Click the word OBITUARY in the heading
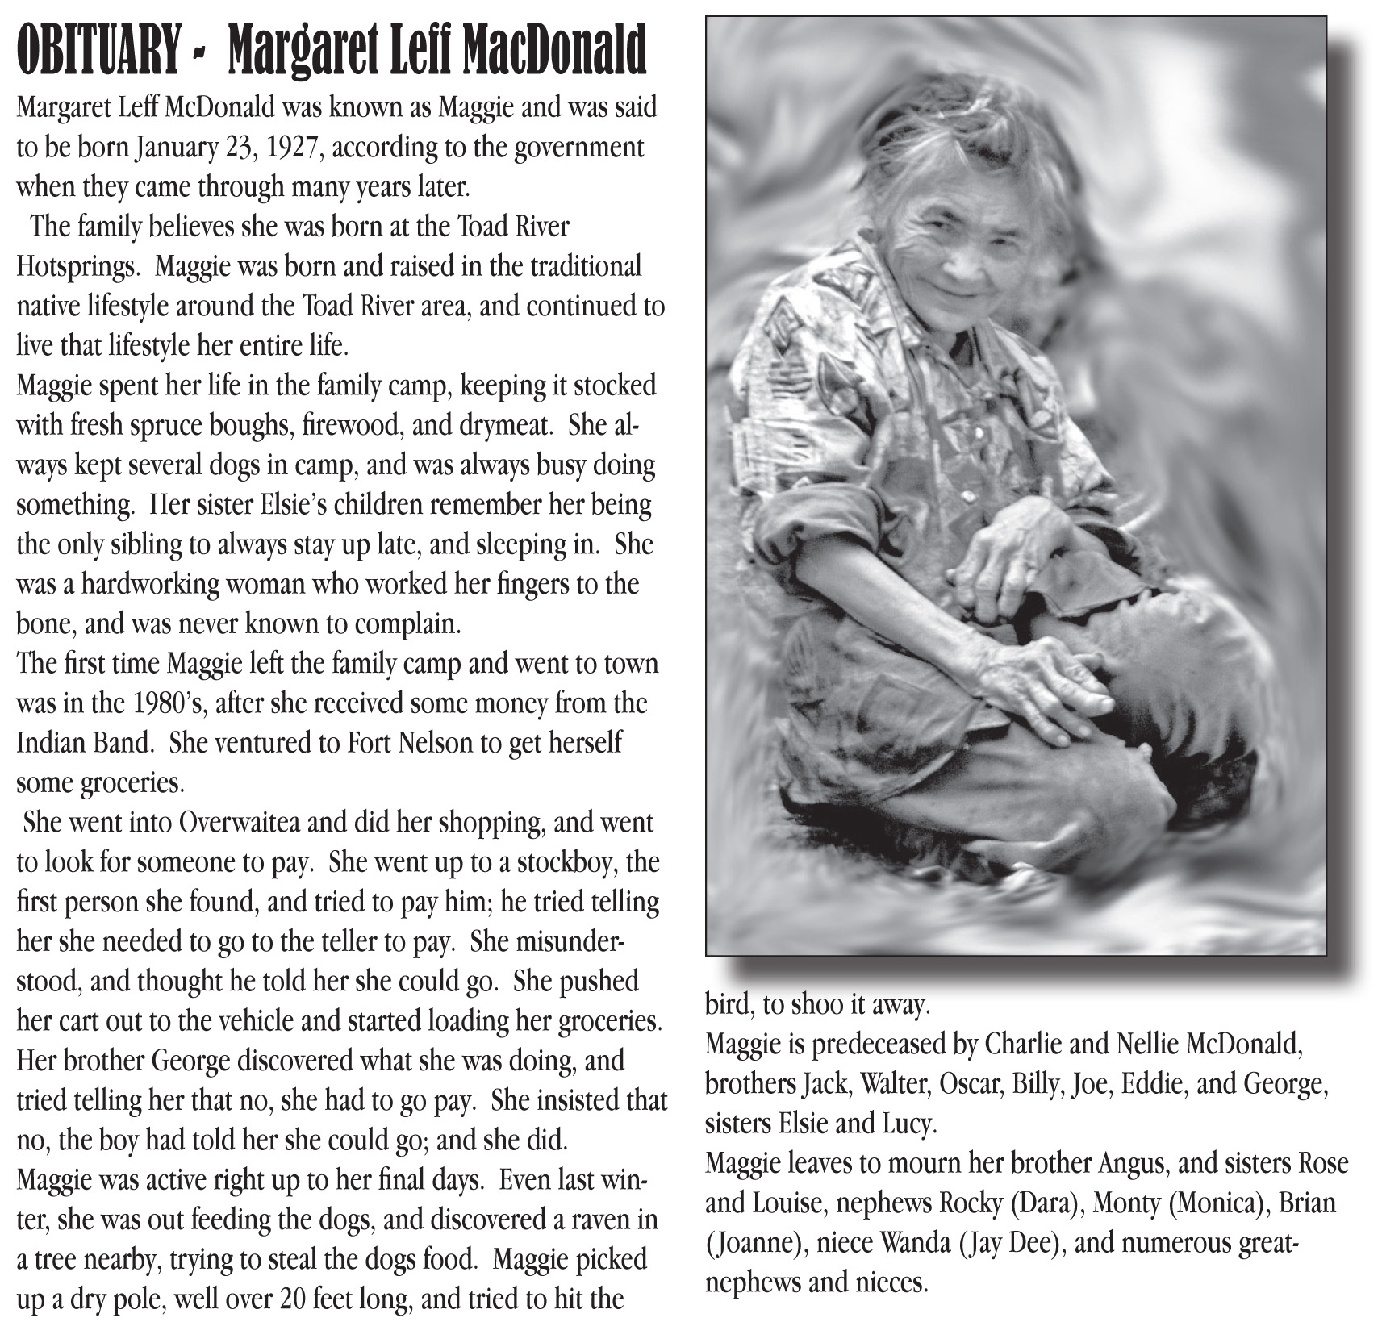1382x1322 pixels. (x=98, y=51)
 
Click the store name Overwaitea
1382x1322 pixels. (x=251, y=823)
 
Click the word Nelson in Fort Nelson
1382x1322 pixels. (x=432, y=743)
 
